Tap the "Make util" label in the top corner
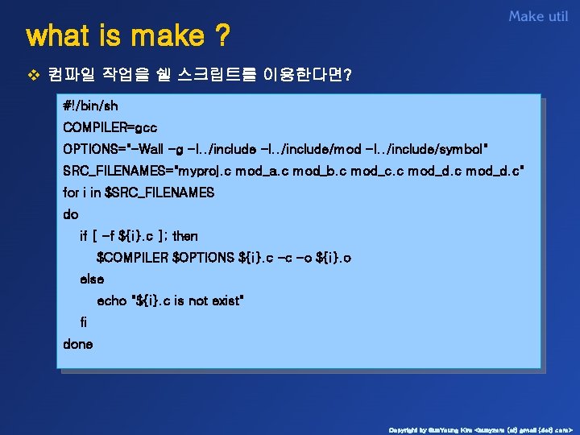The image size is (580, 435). (538, 16)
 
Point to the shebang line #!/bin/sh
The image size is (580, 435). (90, 106)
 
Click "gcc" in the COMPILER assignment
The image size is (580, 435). (146, 128)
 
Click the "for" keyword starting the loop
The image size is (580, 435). (71, 193)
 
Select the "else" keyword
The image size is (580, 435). (92, 280)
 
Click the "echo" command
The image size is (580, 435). (111, 301)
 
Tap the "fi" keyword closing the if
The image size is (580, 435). (83, 322)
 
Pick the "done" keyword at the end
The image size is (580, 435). (77, 344)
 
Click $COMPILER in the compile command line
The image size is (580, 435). (133, 258)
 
